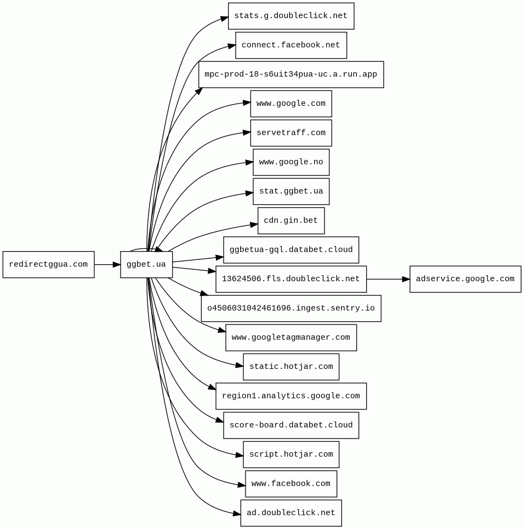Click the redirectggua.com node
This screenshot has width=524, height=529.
48,265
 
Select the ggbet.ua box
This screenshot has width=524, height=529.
146,265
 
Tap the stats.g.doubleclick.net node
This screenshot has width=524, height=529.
291,16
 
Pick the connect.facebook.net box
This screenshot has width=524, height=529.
291,45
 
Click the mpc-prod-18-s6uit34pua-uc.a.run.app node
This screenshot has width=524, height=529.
291,75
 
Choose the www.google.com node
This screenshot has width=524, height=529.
291,104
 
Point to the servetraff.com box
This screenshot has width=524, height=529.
291,133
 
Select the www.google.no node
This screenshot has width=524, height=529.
291,162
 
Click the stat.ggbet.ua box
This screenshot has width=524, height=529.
291,191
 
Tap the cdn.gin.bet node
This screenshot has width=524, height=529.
291,221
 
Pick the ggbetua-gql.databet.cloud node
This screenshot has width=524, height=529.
291,250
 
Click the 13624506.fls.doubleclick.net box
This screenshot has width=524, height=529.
291,279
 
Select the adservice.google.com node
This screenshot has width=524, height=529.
465,279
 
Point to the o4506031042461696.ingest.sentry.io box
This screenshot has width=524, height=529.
291,309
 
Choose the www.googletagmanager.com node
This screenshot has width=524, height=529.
291,338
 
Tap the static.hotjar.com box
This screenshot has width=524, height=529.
291,367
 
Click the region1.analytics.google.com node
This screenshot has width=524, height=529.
291,396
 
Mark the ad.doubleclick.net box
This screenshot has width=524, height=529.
291,513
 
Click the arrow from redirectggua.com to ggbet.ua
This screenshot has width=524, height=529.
107,265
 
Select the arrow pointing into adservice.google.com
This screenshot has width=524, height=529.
388,279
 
